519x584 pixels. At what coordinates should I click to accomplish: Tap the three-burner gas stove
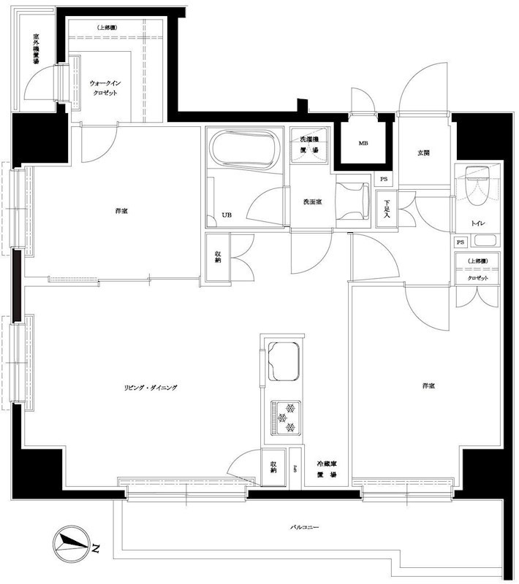(x=285, y=417)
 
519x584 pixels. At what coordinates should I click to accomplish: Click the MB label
(x=363, y=143)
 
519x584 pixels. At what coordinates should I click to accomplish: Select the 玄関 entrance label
(x=423, y=153)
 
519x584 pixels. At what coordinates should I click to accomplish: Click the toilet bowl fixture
(x=476, y=187)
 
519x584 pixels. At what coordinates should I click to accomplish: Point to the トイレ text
(x=479, y=222)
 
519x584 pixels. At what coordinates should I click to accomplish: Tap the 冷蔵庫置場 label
(x=326, y=469)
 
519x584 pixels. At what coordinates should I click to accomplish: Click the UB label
(x=226, y=215)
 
